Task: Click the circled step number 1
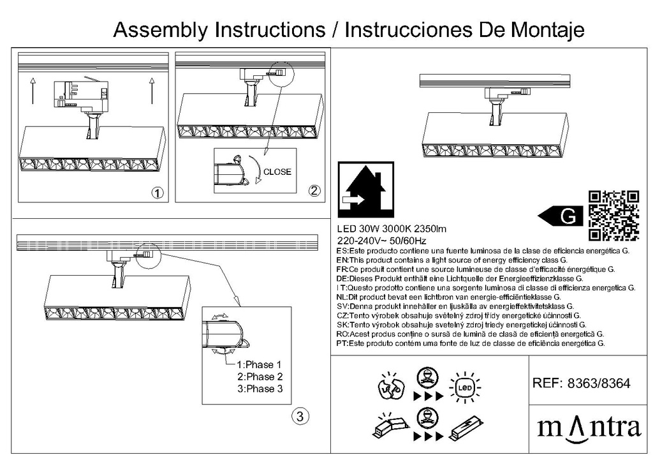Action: (x=157, y=192)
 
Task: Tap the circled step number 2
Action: (x=314, y=190)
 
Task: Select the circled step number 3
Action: (x=300, y=417)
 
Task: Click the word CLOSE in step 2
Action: (x=277, y=172)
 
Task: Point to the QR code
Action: (x=613, y=215)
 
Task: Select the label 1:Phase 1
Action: (x=259, y=365)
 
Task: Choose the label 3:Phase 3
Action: (x=259, y=389)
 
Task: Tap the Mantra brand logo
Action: (x=588, y=426)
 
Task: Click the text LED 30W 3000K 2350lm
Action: (x=391, y=230)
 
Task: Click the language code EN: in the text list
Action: (x=342, y=260)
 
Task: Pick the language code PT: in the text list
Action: (x=342, y=343)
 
